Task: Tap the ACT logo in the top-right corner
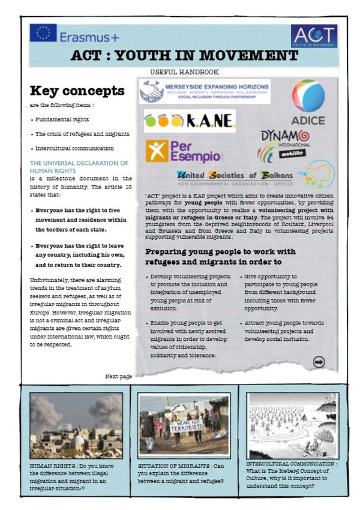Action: pyautogui.click(x=314, y=36)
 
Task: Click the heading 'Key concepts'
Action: pyautogui.click(x=77, y=91)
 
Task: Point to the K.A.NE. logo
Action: pyautogui.click(x=189, y=121)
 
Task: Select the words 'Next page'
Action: pyautogui.click(x=118, y=376)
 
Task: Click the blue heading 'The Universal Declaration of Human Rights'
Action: pyautogui.click(x=79, y=166)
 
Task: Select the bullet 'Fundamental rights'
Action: pyautogui.click(x=62, y=119)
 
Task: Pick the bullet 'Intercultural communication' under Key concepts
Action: pyautogui.click(x=74, y=148)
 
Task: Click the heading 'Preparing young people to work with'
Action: pyautogui.click(x=229, y=250)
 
